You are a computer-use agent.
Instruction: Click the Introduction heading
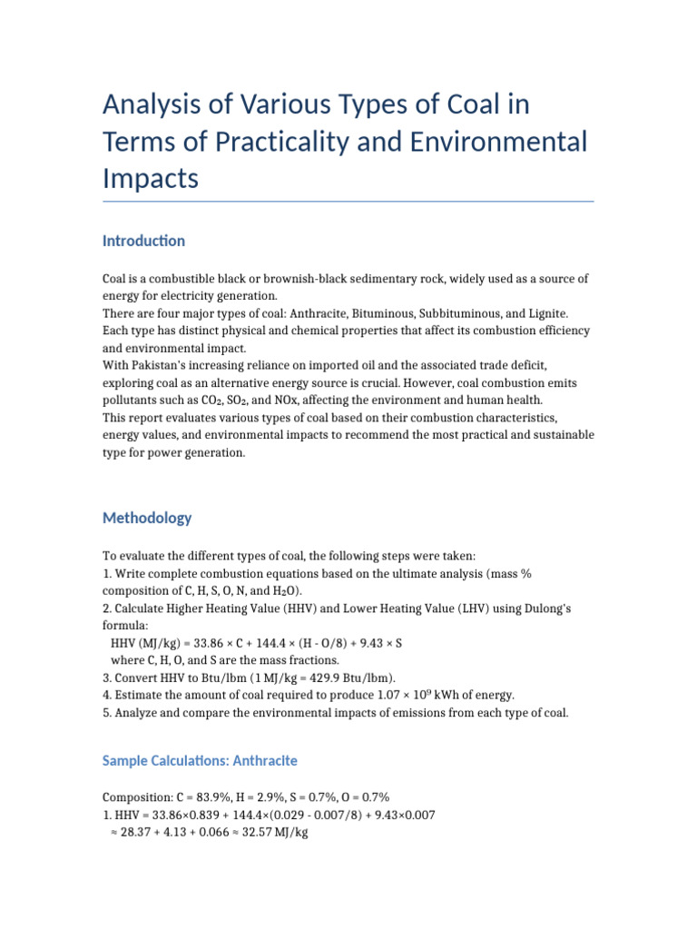[x=143, y=241]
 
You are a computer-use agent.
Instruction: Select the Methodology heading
[x=147, y=518]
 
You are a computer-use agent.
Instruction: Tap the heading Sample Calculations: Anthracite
[x=200, y=760]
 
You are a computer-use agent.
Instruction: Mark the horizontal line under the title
[x=348, y=201]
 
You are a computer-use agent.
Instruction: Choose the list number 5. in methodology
[x=107, y=713]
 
